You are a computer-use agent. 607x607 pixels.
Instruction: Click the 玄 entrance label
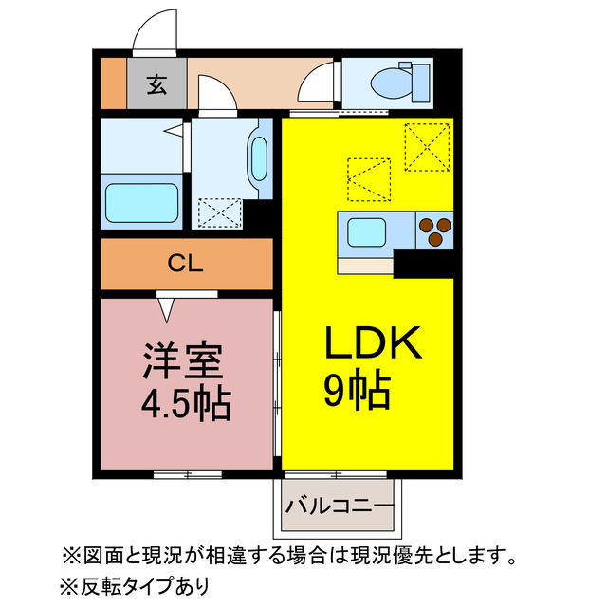(156, 84)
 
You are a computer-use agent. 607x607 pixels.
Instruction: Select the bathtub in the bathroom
(142, 202)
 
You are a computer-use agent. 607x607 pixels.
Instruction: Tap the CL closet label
(185, 265)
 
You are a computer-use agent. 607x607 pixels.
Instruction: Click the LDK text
(373, 344)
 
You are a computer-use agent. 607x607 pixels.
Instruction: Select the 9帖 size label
(357, 390)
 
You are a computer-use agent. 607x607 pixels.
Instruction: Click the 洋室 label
(183, 361)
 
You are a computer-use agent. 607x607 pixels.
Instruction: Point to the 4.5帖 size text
(186, 405)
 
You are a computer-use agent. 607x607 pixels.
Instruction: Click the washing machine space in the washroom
(218, 212)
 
